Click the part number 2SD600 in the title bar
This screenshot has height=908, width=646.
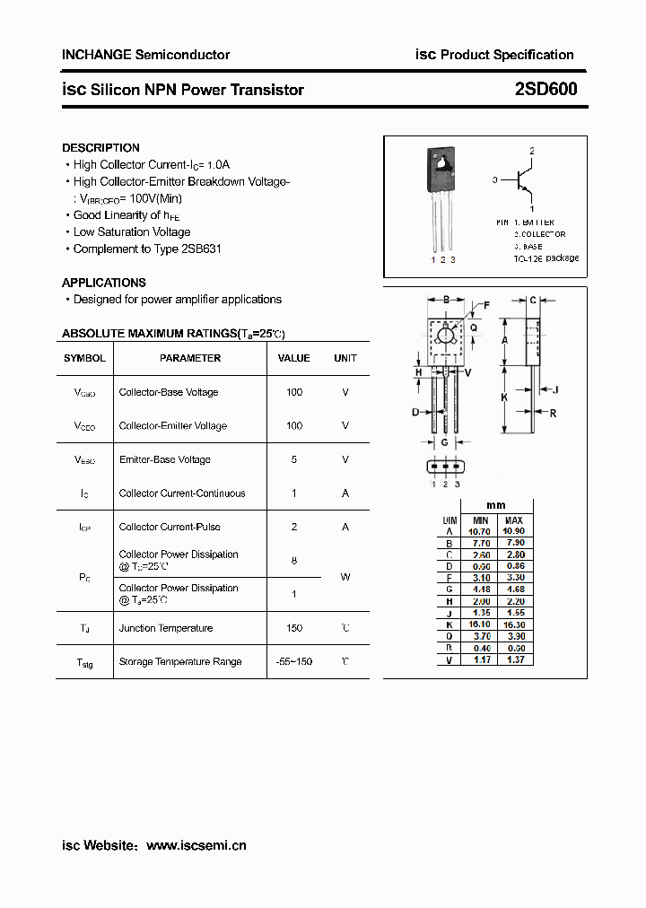546,89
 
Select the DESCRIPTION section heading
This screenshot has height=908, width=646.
100,148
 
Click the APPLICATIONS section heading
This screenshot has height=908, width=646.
103,283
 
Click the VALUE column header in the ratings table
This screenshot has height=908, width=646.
293,358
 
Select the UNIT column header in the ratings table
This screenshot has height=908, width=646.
345,358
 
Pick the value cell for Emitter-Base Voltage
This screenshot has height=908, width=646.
293,459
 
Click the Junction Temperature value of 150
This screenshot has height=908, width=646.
293,628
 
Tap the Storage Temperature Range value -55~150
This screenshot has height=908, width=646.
293,662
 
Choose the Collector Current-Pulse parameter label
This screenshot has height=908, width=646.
170,527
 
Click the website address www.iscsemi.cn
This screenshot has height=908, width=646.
196,845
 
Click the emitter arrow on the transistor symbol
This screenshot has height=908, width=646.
529,195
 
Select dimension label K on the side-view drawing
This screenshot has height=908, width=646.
505,397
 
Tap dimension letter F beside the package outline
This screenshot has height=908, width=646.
486,306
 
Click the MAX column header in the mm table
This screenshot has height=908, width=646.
513,520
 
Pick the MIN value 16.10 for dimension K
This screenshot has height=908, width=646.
481,624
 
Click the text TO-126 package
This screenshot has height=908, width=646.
546,258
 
